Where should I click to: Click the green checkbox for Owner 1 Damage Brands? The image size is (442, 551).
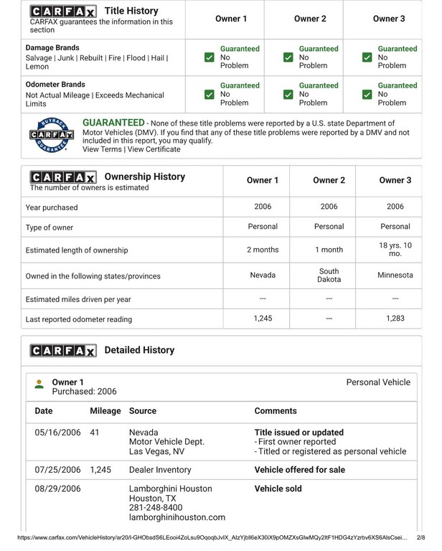coord(209,57)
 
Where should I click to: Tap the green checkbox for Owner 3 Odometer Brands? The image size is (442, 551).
coord(367,94)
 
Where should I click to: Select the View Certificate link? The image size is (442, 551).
coord(154,149)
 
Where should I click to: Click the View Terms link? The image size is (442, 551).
coord(102,149)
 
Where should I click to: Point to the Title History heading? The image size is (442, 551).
coord(131,11)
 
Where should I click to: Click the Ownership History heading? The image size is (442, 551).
coord(144,176)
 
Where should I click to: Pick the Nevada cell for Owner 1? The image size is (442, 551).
coord(263,275)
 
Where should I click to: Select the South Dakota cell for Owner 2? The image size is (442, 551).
coord(329,275)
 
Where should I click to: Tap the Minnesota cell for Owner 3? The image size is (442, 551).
coord(395,275)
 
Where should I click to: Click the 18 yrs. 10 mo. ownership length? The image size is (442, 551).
coord(395,250)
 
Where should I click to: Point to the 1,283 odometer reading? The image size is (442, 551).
coord(395,319)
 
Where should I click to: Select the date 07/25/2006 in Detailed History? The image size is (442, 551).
coord(58,470)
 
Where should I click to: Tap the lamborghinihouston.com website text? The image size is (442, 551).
coord(177,517)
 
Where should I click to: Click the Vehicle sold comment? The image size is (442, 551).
coord(278,489)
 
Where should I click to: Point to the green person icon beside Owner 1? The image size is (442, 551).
coord(39,384)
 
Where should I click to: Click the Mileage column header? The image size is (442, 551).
coord(105,411)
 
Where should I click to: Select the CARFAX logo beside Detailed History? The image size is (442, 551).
coord(62,351)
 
